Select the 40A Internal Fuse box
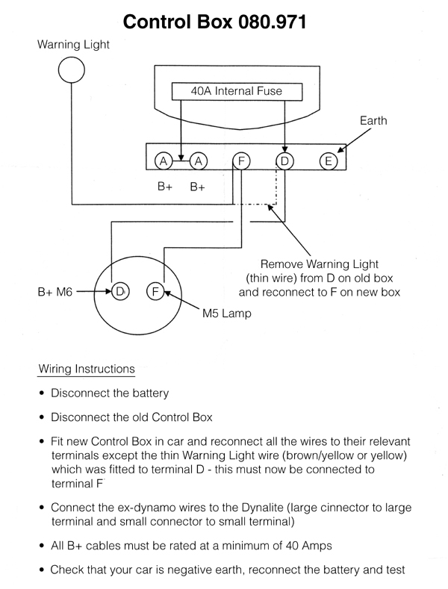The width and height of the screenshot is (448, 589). [237, 91]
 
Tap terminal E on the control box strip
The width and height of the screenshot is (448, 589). [327, 161]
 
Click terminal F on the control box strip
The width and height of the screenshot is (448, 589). [240, 161]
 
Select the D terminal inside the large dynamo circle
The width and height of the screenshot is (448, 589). [119, 290]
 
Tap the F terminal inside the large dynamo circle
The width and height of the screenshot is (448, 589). [155, 290]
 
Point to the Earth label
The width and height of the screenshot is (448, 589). [373, 120]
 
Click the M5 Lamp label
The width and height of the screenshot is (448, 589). [227, 314]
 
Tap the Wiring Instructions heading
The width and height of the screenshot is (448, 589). [87, 369]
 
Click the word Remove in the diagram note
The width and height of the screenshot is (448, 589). [281, 264]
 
